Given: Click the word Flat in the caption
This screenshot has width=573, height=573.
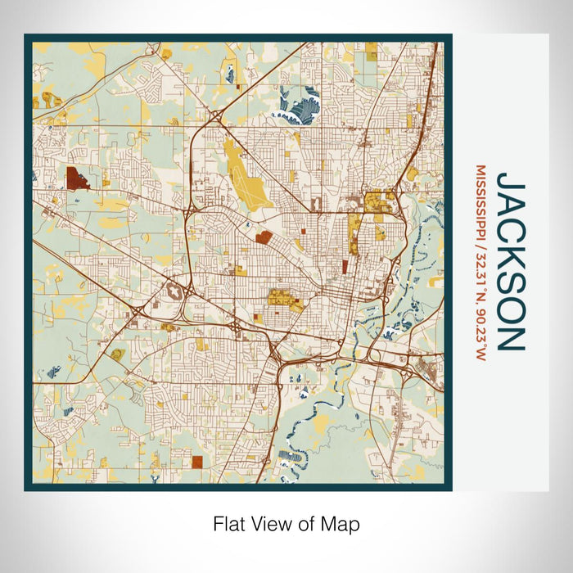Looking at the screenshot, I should pos(228,524).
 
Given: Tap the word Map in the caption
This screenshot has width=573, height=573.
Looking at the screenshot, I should pos(343,524).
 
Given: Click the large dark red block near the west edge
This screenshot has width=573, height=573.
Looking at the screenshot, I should pos(77,178).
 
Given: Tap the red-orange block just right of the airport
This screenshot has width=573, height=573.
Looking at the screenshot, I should pos(264,237).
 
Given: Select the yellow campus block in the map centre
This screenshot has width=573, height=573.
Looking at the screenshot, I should pos(284,300).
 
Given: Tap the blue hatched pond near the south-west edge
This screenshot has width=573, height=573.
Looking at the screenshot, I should pos(54,371).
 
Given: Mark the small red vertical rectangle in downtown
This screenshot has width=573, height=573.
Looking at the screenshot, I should pos(345,266).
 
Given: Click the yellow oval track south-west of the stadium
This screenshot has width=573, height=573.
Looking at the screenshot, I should pos(119,354).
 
